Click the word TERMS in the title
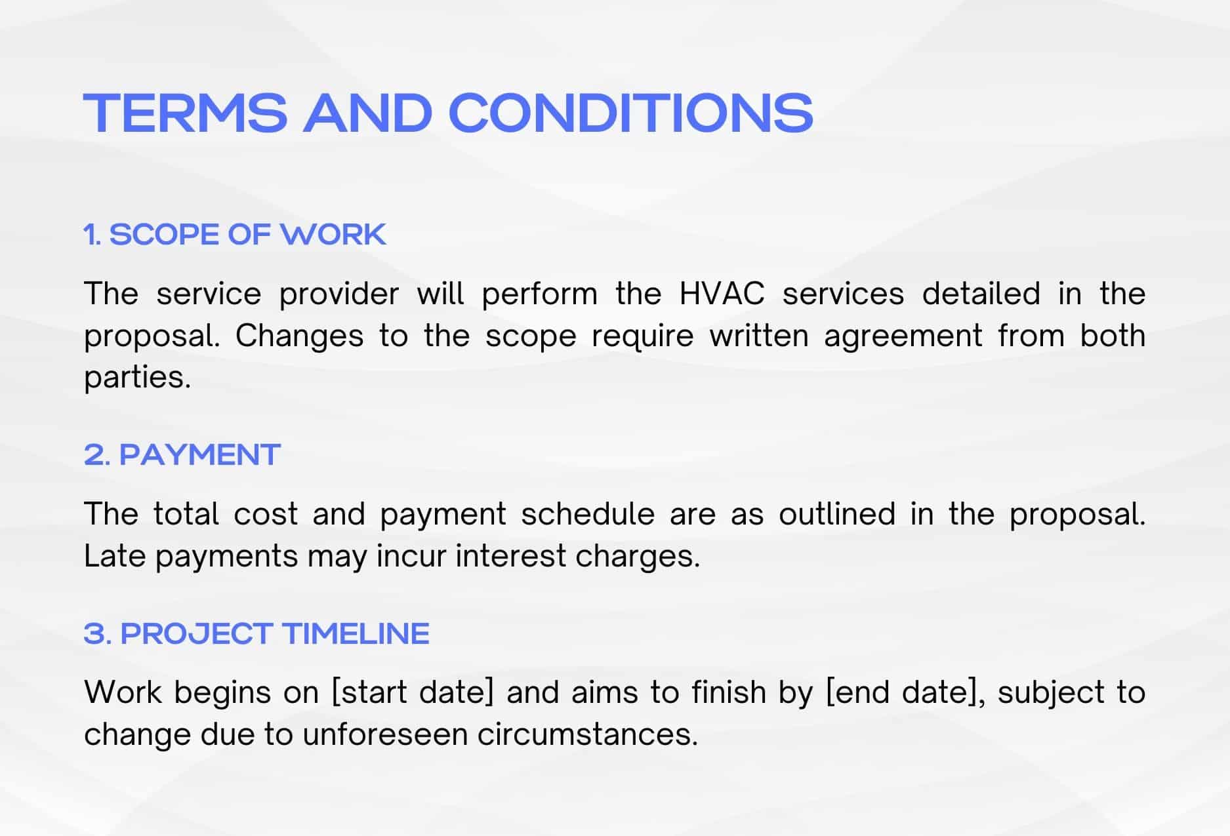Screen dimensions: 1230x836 point(186,112)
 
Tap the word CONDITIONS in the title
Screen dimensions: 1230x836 point(631,112)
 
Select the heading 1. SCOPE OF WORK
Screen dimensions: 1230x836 point(235,234)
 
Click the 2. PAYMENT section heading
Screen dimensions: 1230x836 point(182,454)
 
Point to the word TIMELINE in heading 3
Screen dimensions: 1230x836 point(356,633)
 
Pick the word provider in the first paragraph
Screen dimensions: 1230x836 point(339,294)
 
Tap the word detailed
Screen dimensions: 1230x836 point(981,293)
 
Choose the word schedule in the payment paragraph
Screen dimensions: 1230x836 point(588,513)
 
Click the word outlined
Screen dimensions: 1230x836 point(837,513)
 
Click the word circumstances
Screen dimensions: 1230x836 point(587,734)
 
